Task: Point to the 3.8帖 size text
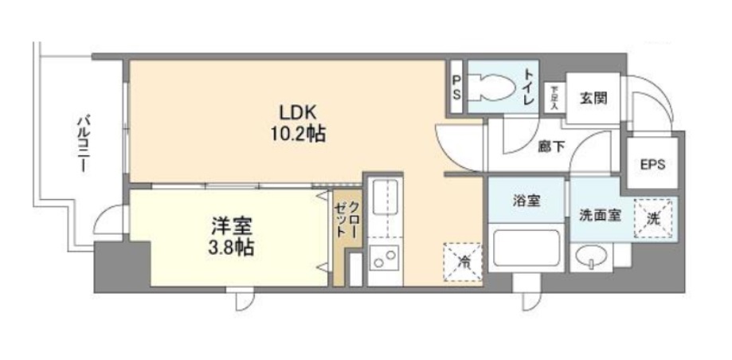(229, 248)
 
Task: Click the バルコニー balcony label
(82, 146)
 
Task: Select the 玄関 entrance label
(593, 99)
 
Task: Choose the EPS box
(652, 165)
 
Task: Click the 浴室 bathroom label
(526, 201)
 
